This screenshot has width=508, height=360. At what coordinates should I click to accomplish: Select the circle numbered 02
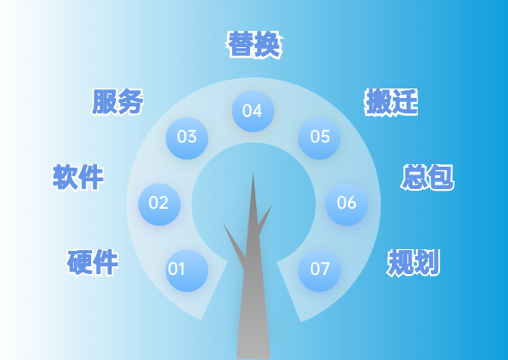tap(159, 204)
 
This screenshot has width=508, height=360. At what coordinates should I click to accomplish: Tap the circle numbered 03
tap(187, 137)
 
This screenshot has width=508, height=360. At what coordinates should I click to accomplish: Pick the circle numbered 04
tap(253, 111)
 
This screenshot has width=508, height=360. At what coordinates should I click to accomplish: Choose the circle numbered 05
tap(320, 137)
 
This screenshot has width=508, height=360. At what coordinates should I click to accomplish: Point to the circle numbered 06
tap(346, 204)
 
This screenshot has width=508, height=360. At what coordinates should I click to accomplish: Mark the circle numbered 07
tap(320, 270)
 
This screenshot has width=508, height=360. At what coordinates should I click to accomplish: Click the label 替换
tap(254, 45)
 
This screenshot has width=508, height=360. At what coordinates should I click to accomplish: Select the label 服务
tap(118, 101)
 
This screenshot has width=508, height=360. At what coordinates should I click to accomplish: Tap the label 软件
tap(78, 177)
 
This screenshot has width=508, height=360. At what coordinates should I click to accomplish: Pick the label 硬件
tap(93, 261)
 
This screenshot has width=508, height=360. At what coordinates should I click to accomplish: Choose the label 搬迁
tap(391, 102)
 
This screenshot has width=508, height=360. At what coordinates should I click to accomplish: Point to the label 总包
tap(427, 178)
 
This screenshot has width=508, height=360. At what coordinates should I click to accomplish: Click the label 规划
tap(413, 262)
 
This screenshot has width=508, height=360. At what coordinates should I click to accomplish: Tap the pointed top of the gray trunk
tap(253, 174)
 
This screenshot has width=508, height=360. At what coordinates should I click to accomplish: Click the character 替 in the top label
tap(241, 45)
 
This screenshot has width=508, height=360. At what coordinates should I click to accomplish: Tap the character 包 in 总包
tap(440, 178)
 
